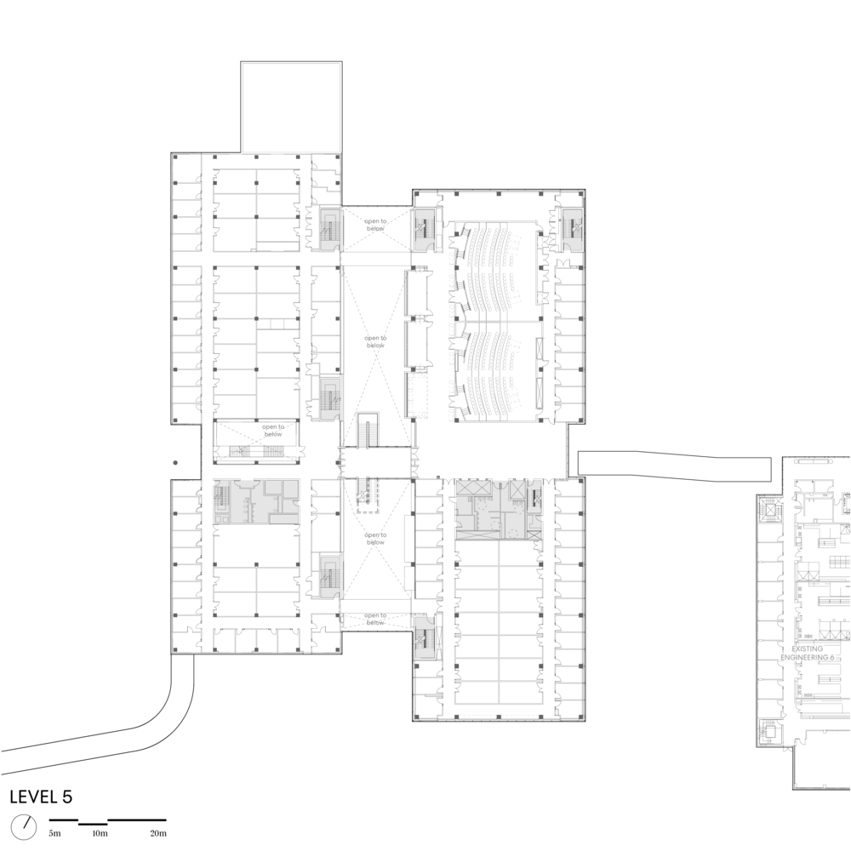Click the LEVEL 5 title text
[41, 797]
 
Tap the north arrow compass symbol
[25, 825]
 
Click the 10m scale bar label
[100, 833]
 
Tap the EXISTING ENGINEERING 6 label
[813, 653]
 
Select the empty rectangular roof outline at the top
[291, 107]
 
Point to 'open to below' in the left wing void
[272, 431]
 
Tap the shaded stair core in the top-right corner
[570, 226]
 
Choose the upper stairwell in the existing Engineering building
[770, 514]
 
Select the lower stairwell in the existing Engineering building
[769, 729]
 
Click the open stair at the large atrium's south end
[369, 431]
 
